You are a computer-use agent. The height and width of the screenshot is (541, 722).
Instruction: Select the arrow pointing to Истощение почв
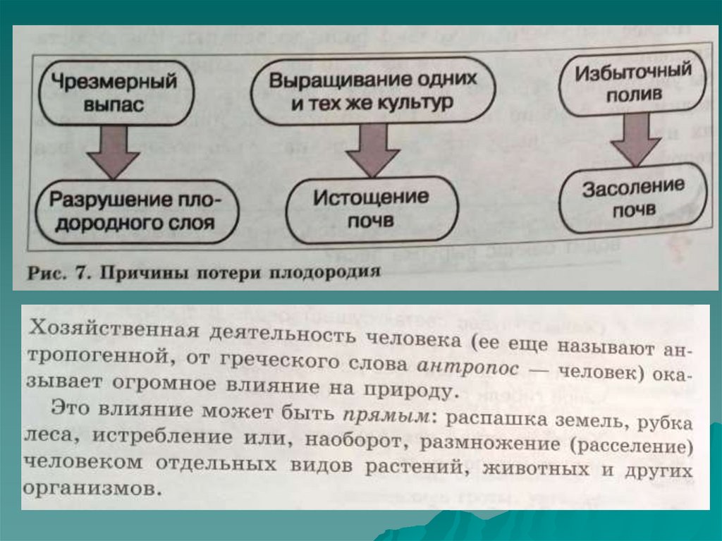[x=372, y=150]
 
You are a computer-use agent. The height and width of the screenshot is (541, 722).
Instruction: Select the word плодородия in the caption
[x=331, y=271]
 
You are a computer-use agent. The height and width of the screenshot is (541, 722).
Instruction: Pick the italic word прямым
[x=386, y=415]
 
